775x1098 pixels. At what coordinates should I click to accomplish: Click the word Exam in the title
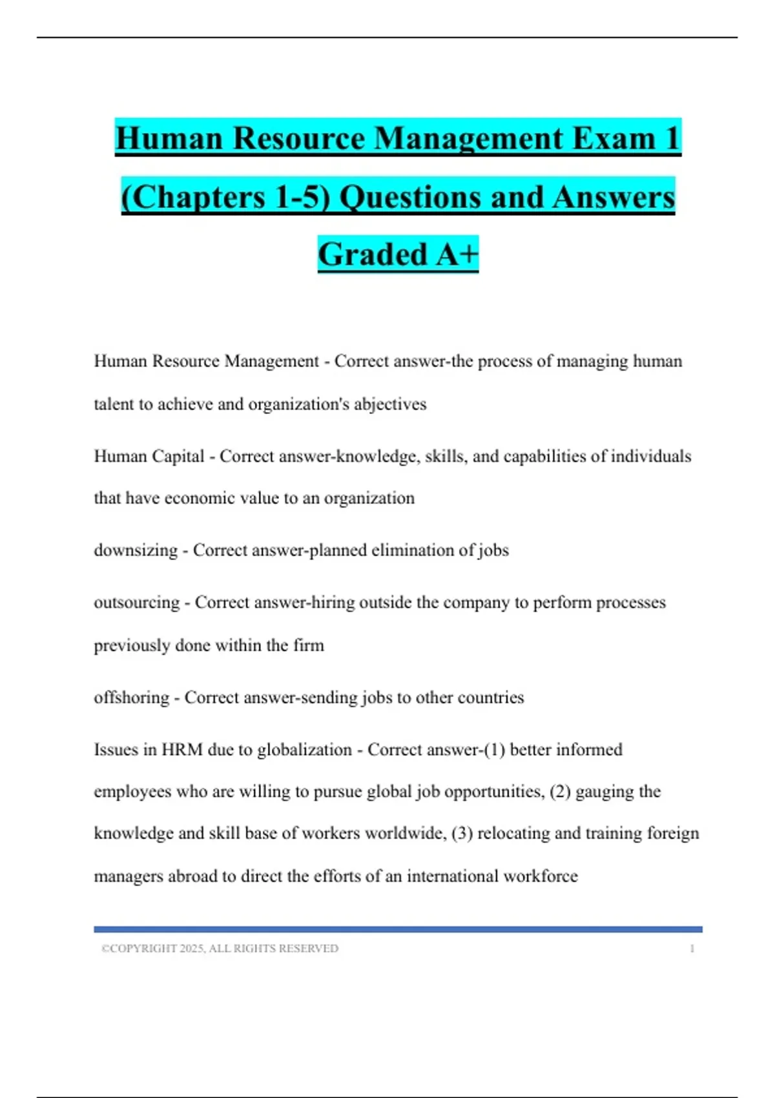point(614,138)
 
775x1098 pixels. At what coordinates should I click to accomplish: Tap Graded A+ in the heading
point(398,254)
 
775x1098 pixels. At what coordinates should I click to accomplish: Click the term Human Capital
point(149,457)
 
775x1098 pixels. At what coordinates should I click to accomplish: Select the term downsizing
point(136,550)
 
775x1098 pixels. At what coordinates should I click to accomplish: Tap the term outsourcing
point(137,603)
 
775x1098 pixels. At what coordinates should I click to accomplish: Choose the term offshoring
point(131,698)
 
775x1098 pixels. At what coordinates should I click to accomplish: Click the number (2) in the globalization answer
point(560,792)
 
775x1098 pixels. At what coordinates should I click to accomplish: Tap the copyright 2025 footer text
point(220,949)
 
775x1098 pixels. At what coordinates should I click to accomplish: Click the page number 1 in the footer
point(692,949)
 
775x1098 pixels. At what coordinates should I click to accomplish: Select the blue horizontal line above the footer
point(398,929)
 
